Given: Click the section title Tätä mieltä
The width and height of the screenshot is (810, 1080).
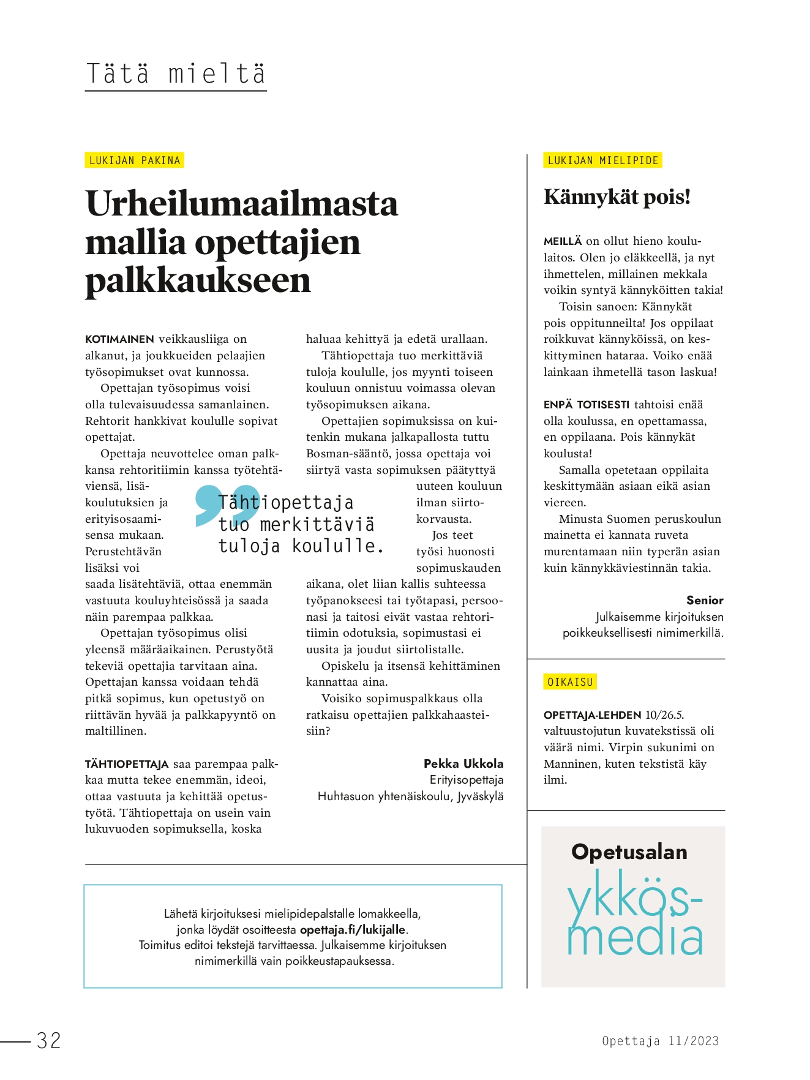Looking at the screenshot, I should [176, 73].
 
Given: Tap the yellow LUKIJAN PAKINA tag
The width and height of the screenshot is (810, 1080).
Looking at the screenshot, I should [135, 160].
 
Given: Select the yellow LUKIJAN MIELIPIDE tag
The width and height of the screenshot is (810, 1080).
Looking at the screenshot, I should [602, 160].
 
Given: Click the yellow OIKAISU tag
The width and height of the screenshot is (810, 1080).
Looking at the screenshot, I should [570, 682].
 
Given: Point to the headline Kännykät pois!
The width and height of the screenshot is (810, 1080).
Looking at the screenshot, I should [617, 197].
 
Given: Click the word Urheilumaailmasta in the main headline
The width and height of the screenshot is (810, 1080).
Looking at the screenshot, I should [242, 204].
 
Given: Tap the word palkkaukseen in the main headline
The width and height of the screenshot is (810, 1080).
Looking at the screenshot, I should [198, 280].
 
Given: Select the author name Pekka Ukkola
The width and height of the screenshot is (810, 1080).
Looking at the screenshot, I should [463, 763].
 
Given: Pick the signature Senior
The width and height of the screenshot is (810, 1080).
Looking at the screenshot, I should [705, 600].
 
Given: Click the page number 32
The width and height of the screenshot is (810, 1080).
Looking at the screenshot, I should [49, 1040].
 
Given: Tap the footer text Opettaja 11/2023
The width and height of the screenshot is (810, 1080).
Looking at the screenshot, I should [660, 1041].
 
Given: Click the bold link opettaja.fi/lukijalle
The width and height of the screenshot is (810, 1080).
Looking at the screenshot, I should [352, 929].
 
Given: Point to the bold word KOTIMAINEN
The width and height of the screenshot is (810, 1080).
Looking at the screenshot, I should [119, 339].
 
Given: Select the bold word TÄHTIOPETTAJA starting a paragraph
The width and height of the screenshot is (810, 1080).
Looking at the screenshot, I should [127, 764].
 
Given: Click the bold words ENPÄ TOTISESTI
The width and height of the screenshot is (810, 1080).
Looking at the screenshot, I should [586, 405].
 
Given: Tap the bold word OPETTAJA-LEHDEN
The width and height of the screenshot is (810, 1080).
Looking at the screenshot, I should [592, 714].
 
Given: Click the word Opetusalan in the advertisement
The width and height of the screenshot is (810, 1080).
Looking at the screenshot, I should [629, 852].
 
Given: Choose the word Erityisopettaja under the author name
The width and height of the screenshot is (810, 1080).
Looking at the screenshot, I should [467, 780].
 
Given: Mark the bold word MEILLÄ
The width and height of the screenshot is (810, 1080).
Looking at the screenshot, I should [562, 241].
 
